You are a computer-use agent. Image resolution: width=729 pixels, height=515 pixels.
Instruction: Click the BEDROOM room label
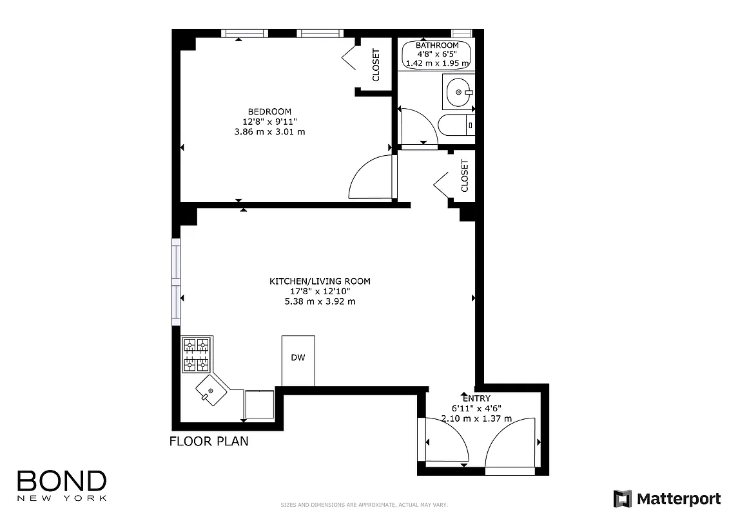[269, 111]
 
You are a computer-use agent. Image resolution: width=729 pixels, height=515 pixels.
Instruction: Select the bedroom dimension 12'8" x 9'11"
[269, 122]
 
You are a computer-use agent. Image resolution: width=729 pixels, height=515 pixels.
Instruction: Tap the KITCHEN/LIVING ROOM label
[320, 281]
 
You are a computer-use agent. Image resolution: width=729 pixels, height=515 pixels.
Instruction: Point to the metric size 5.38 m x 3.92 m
[320, 301]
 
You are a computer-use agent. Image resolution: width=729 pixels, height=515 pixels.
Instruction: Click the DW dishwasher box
[298, 359]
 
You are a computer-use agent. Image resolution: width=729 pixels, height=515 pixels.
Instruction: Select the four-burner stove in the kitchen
[197, 355]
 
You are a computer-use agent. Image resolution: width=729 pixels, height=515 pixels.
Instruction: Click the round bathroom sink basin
[459, 93]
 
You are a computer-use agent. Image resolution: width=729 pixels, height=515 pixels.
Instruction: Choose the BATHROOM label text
[437, 46]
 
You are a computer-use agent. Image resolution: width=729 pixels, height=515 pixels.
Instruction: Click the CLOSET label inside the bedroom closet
[376, 65]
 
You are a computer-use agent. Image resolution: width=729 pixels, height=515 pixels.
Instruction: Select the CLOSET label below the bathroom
[465, 176]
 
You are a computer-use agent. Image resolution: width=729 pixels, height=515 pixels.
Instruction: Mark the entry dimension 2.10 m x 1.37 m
[476, 418]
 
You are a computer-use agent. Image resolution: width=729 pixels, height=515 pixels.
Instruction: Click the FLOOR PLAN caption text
[208, 442]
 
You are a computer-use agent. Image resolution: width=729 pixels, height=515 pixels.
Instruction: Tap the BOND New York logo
[61, 485]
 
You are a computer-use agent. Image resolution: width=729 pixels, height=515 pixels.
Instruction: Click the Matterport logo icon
[622, 499]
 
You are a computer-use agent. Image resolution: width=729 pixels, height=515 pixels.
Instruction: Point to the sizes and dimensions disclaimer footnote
[364, 505]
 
